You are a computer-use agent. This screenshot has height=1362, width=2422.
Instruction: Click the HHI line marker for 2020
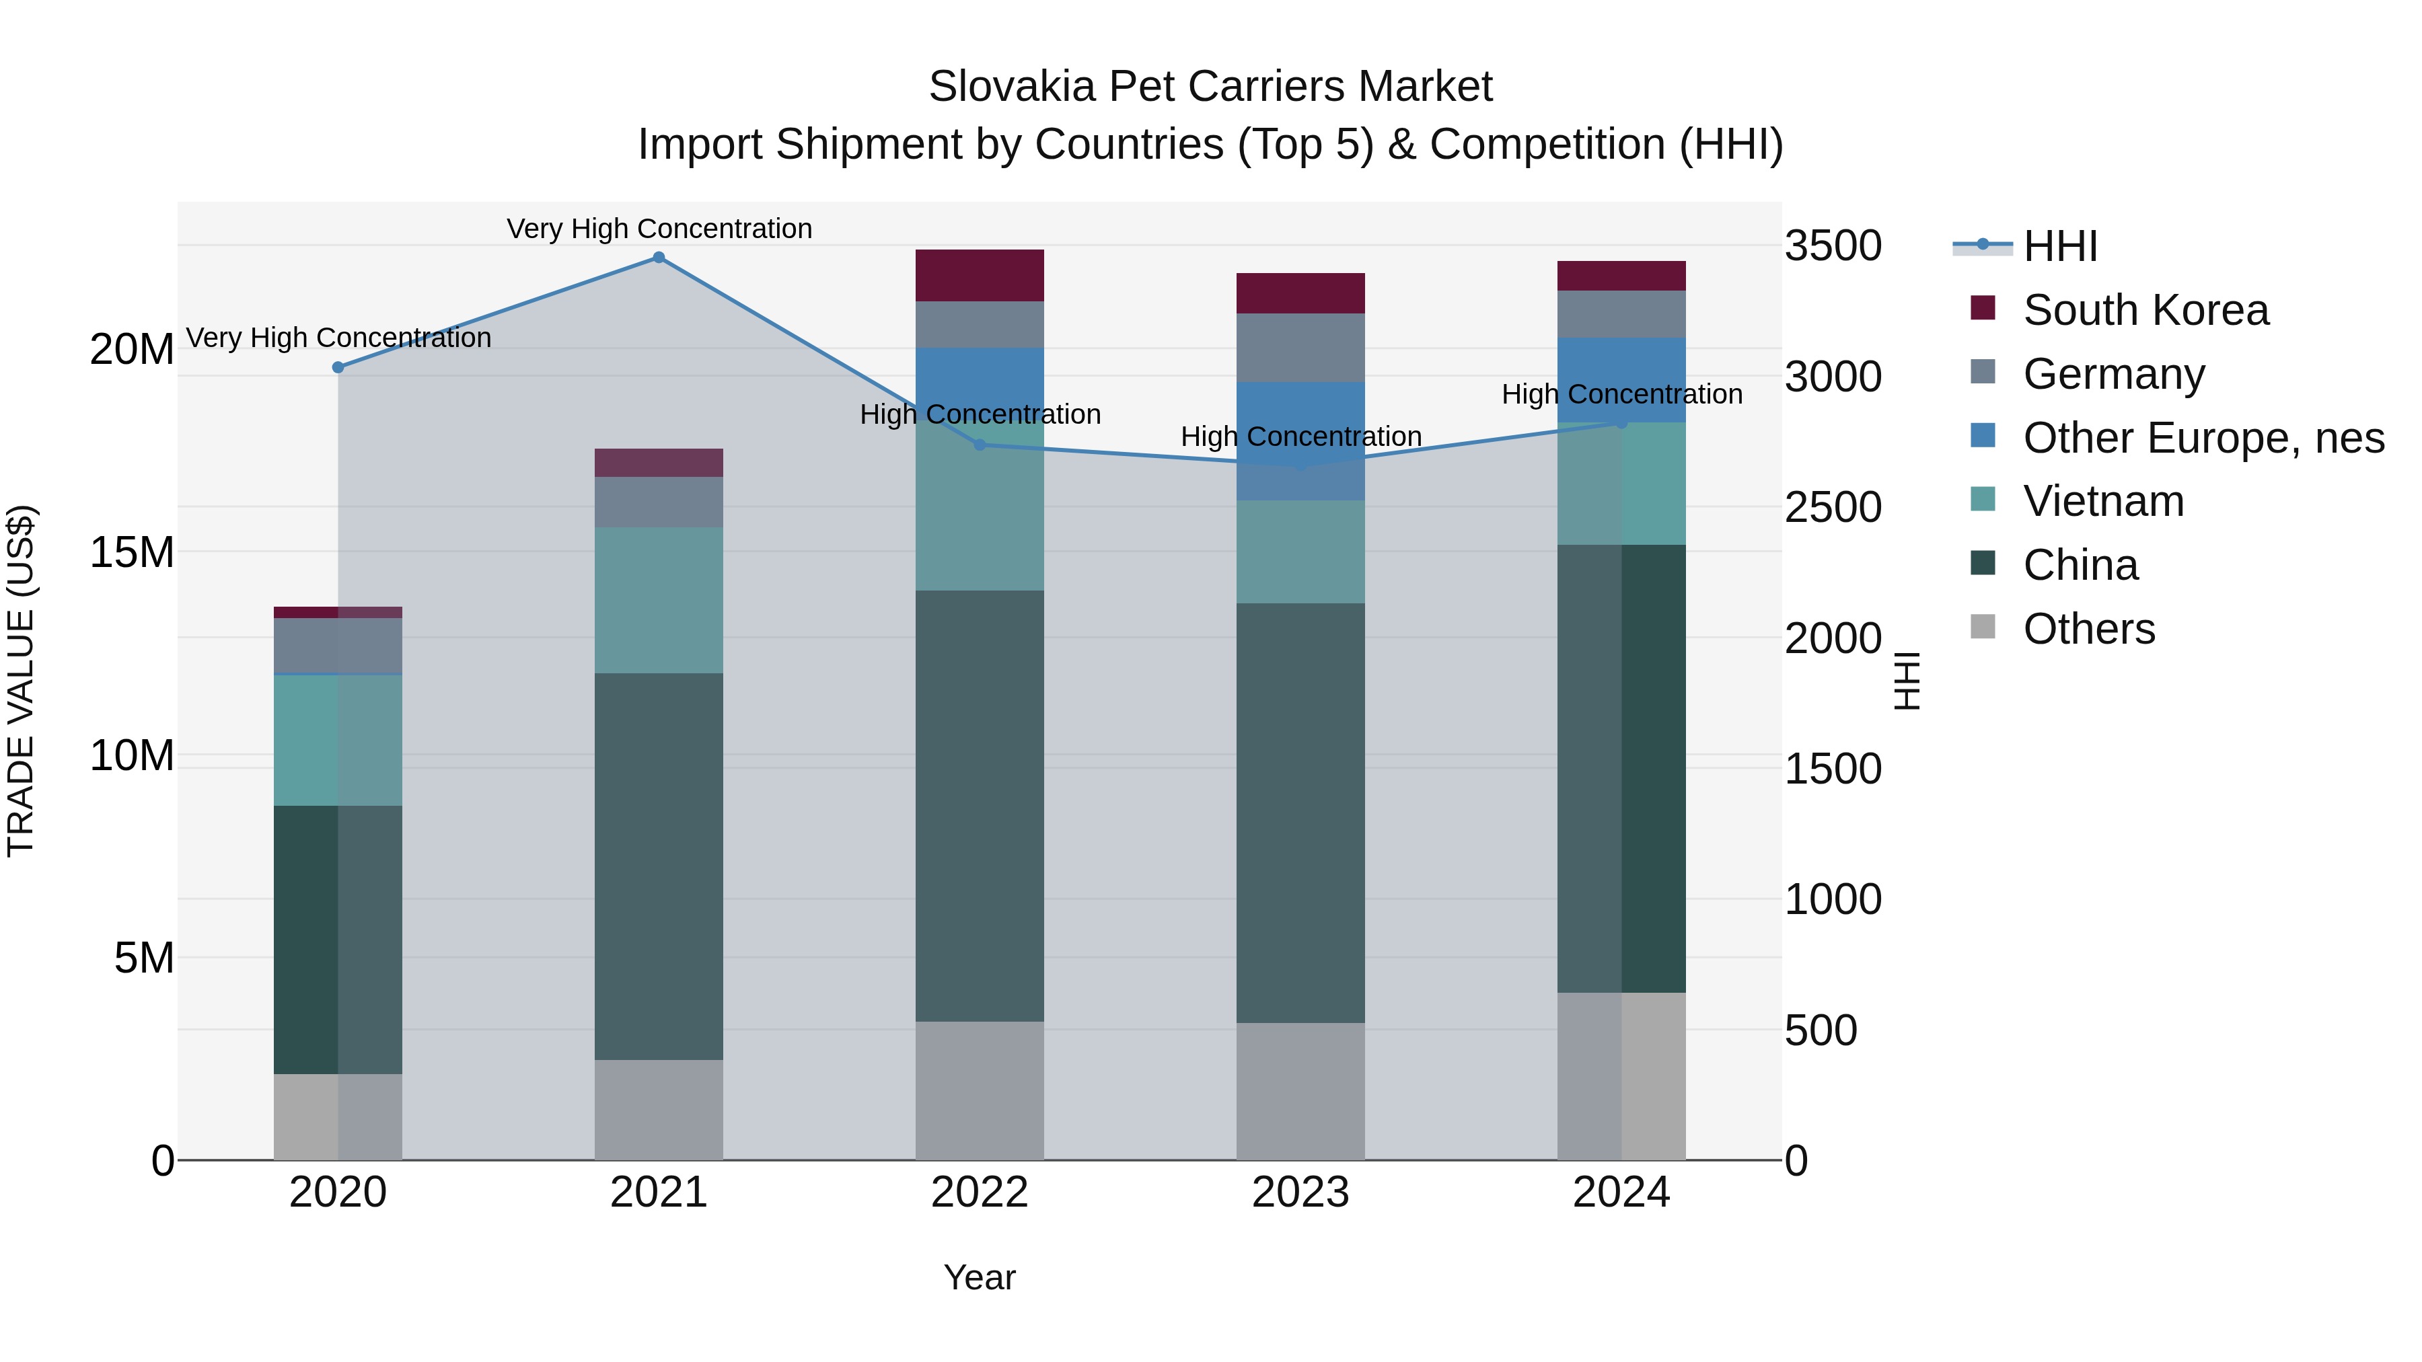338,367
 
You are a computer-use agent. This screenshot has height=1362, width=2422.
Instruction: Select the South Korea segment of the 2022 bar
980,275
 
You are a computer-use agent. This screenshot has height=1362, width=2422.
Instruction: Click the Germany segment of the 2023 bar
1300,347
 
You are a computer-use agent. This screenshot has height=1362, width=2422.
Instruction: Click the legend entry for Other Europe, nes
2203,438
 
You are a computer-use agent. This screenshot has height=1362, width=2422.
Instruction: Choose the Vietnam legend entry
2103,501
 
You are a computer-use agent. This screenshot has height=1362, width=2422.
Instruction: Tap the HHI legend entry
2059,246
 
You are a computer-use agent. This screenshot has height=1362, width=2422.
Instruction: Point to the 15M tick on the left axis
132,553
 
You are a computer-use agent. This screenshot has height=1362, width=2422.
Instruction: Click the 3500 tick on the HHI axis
1833,246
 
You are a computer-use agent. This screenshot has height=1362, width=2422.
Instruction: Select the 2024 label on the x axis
1621,1193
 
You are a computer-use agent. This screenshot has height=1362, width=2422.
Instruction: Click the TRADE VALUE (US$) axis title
21,681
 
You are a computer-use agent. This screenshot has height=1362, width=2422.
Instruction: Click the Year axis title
980,1277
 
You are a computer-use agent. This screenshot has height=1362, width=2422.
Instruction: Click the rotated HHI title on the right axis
1906,681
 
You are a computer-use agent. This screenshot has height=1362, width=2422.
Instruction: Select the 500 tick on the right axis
1821,1030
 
